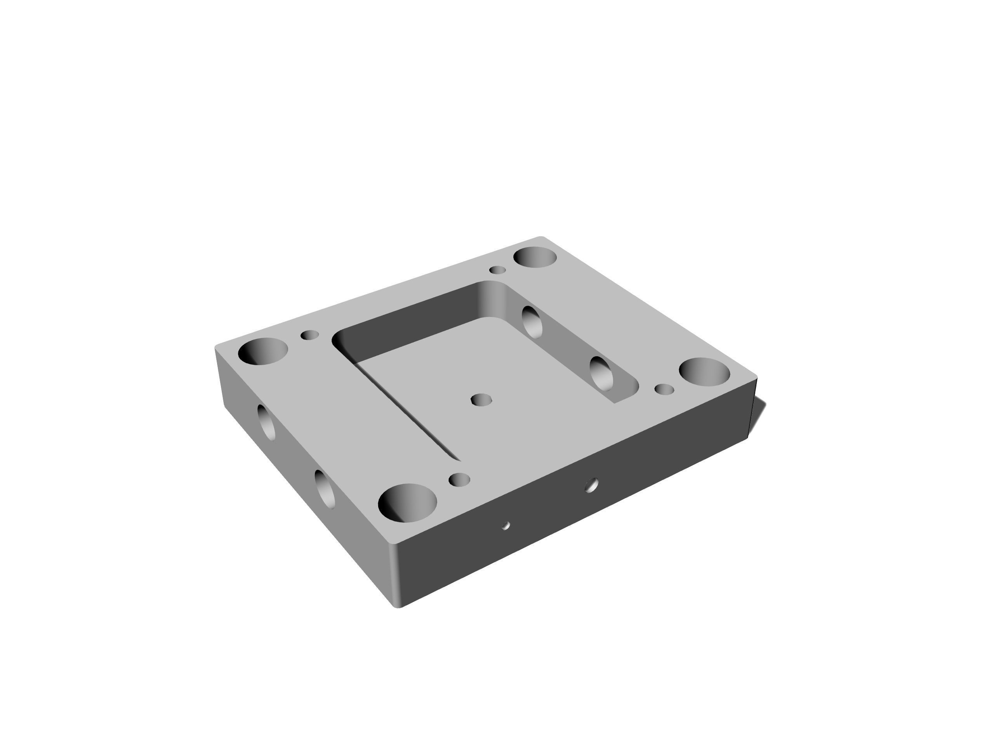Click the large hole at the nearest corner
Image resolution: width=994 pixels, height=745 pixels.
[x=407, y=503]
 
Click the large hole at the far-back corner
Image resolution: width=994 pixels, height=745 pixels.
[x=535, y=257]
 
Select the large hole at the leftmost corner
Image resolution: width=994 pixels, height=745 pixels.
[x=263, y=351]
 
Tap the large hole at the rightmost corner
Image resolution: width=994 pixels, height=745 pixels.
[x=704, y=372]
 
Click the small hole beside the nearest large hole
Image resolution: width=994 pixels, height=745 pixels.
[x=459, y=480]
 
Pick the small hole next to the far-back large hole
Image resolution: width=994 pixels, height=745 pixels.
[x=497, y=270]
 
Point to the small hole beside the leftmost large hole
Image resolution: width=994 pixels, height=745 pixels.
[x=309, y=335]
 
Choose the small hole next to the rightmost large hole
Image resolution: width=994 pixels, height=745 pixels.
[x=664, y=389]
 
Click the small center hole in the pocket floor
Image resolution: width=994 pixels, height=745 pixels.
[x=481, y=399]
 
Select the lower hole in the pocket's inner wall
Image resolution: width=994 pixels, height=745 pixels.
[x=601, y=373]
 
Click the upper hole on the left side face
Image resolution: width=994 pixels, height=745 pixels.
[x=266, y=422]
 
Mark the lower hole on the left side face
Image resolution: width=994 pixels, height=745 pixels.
[x=325, y=489]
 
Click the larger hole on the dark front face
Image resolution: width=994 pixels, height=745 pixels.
[x=592, y=485]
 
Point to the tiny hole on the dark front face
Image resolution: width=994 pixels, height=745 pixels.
[x=506, y=525]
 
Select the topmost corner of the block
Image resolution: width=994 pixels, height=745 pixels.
[x=541, y=237]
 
